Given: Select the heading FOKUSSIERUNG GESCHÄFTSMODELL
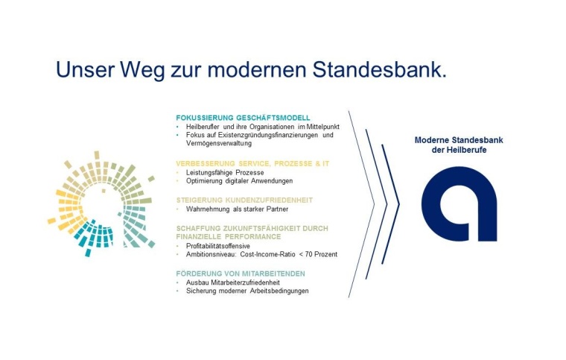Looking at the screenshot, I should (243, 118).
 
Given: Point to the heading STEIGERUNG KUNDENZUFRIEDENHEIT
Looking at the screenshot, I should (244, 200).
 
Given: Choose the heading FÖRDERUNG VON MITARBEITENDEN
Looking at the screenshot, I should (241, 274).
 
